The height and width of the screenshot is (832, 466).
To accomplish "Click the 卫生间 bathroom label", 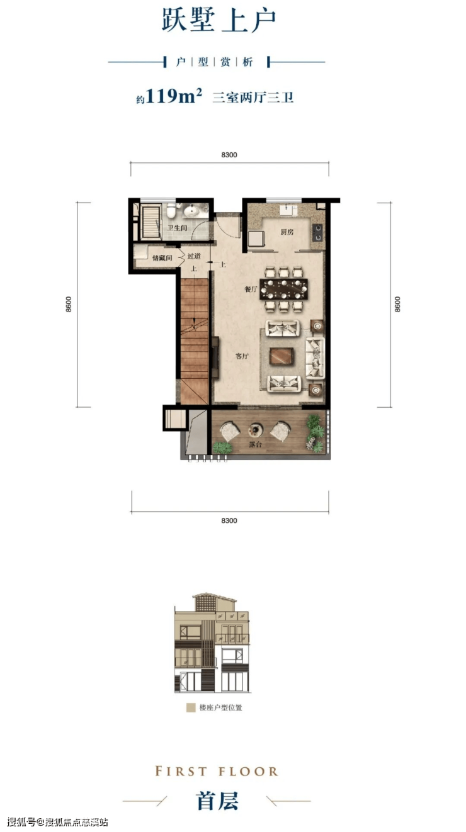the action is point(177,228).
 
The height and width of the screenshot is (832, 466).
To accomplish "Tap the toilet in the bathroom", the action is point(171,210).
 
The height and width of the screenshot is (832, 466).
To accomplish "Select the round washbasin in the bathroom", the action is point(191,211).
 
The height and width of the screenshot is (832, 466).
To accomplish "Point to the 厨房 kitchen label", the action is point(287,232).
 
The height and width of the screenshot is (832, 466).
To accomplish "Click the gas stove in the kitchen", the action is point(317,232).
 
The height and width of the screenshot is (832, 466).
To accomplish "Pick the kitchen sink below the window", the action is point(289,210).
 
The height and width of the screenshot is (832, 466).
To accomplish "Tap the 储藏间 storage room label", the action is point(162,258).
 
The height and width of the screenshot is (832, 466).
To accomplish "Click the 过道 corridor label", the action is point(194,256).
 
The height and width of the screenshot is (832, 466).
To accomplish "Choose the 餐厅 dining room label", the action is point(251,289).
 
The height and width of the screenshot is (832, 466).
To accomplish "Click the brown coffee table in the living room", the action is point(282,356).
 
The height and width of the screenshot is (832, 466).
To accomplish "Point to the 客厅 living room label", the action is point(242,356).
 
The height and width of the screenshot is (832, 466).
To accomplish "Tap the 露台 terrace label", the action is point(255,444).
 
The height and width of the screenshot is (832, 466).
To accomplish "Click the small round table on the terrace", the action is point(256,430).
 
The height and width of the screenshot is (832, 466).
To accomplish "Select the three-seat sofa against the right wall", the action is point(315,358).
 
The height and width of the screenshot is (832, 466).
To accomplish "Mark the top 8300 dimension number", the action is point(229,155).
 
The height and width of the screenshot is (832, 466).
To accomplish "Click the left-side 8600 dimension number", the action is point(69,304).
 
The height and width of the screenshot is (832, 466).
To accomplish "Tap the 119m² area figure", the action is point(174,96).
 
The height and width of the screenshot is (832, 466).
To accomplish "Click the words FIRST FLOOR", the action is point(217,772).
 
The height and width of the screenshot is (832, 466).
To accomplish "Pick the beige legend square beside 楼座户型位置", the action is point(191,707).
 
